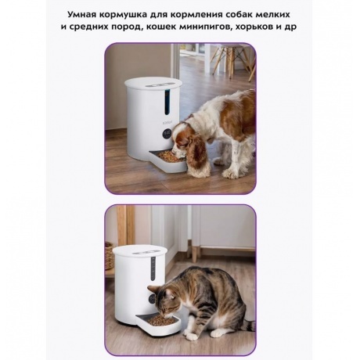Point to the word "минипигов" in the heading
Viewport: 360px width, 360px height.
pos(202,27)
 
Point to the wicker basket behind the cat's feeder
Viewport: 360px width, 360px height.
pos(109,255)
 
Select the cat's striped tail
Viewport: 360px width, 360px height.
pos(250,326)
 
